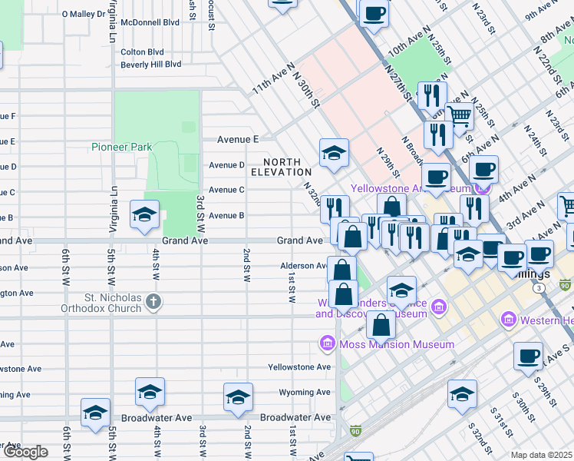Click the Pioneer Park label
pos(122,147)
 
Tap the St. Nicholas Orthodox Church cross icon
pos(153,302)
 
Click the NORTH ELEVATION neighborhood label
pos(287,167)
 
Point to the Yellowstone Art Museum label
pos(410,188)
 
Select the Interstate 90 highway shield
pos(355,432)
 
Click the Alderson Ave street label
pos(304,267)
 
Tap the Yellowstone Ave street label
pos(299,367)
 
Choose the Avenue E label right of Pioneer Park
pos(238,139)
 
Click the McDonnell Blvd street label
pos(150,22)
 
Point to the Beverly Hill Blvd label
pos(150,65)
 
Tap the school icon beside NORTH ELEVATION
pos(335,154)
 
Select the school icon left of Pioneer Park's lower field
pos(143,216)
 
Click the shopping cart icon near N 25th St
pos(460,117)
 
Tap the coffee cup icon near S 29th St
pos(527,357)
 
